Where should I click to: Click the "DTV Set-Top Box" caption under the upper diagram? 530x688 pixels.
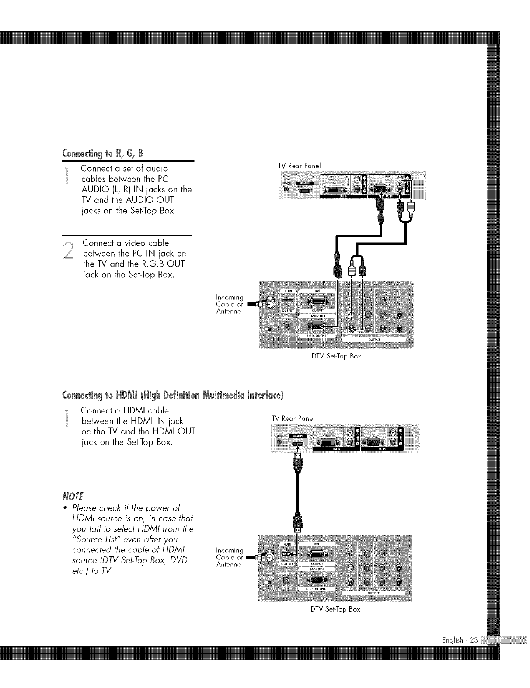pyautogui.click(x=336, y=356)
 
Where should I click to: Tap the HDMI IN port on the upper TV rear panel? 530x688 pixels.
pyautogui.click(x=304, y=191)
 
